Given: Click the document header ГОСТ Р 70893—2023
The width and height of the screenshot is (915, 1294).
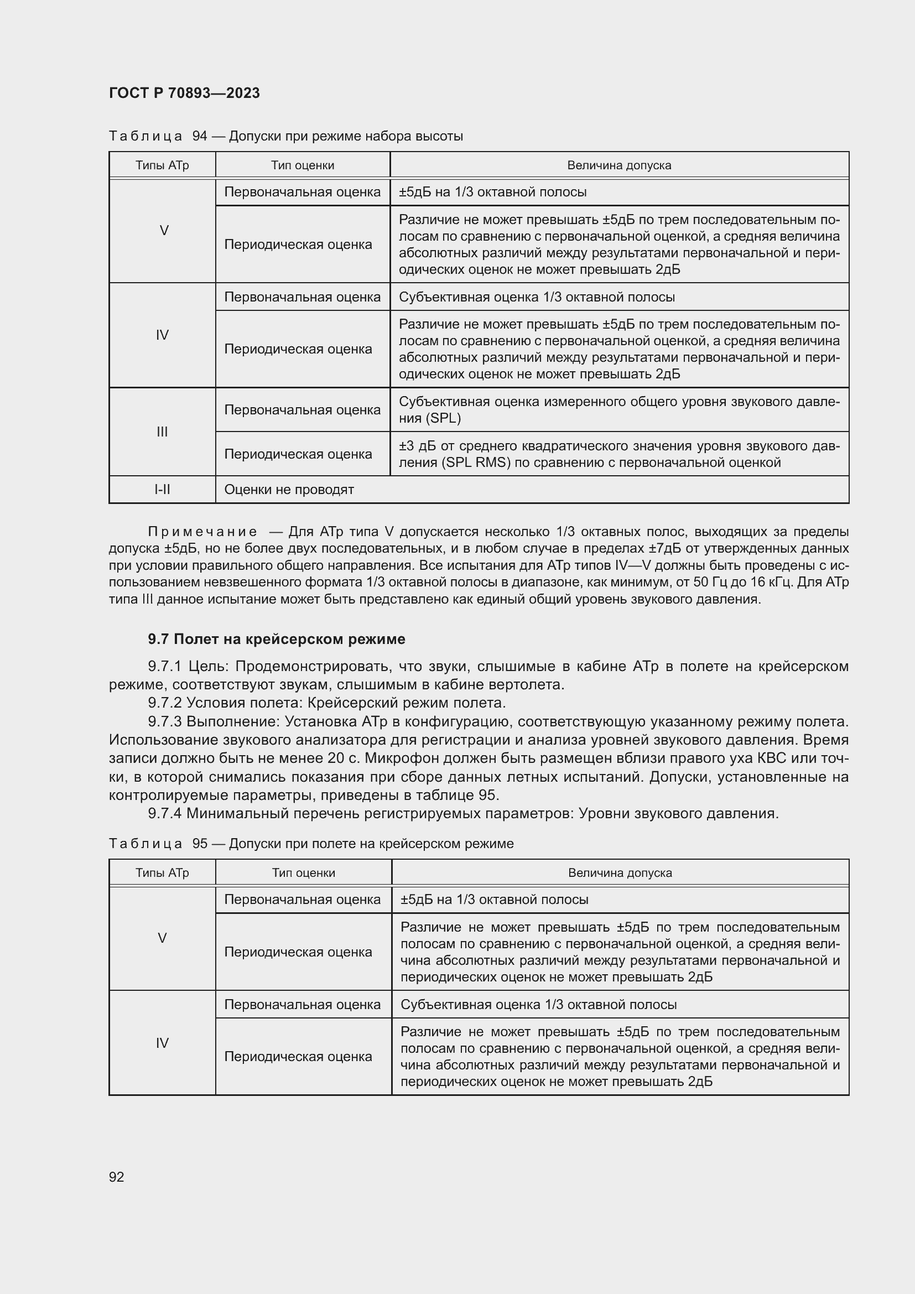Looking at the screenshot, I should tap(184, 93).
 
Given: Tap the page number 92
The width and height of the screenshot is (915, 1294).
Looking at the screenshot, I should tap(117, 1177).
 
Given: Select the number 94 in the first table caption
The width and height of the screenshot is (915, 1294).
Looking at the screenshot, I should tap(200, 136).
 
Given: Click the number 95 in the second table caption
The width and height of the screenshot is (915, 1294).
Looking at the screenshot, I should tap(200, 844).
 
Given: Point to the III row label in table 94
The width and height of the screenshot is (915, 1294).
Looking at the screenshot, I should tap(162, 432).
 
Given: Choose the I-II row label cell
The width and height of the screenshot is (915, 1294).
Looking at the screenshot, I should tap(162, 489).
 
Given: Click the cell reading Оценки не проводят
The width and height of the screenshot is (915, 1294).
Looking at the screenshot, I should tap(289, 489).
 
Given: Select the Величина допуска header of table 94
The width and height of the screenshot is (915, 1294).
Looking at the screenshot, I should tap(618, 165).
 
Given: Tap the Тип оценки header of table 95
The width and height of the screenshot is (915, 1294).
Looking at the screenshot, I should tap(303, 872).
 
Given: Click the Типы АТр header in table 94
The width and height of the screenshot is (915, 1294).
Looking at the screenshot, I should tap(162, 165).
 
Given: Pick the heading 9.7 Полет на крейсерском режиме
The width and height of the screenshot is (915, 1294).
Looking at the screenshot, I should tap(277, 639).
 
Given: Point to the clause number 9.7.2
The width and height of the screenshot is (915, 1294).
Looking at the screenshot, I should tap(165, 703).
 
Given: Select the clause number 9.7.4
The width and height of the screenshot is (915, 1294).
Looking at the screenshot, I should tap(165, 813).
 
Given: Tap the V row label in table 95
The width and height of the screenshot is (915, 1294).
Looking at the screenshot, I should tap(162, 938).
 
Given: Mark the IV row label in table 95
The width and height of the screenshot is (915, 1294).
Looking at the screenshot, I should tap(162, 1043).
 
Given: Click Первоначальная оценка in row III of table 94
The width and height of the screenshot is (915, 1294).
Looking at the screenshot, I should tap(302, 410).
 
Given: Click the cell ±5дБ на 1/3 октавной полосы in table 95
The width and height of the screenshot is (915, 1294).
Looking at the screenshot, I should tap(494, 900).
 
